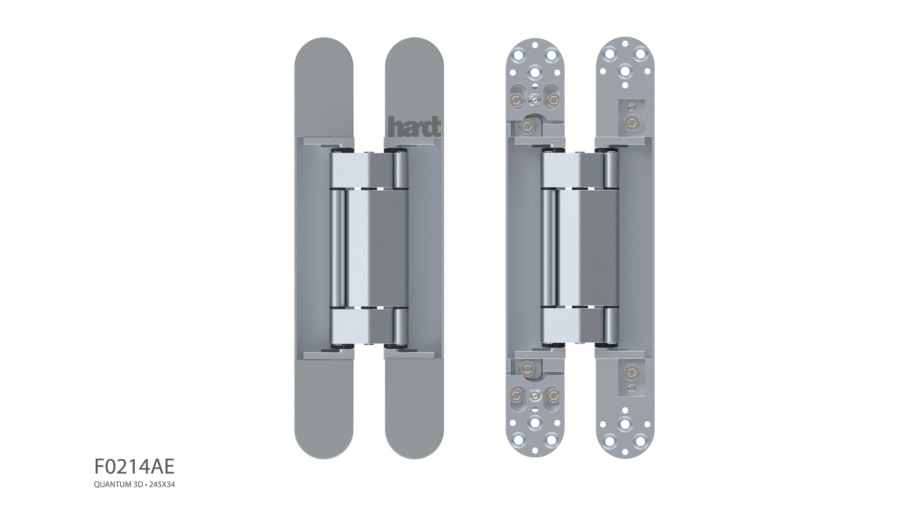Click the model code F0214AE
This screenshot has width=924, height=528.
coord(134,467)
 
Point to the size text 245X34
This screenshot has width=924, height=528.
coord(162,485)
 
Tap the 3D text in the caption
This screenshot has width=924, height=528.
coord(138,485)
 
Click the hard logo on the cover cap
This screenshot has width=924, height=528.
coord(414,127)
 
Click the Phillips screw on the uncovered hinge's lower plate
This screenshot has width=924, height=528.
coord(535,395)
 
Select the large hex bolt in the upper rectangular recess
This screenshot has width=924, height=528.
coord(631,122)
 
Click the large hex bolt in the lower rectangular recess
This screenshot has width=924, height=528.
coord(631,372)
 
